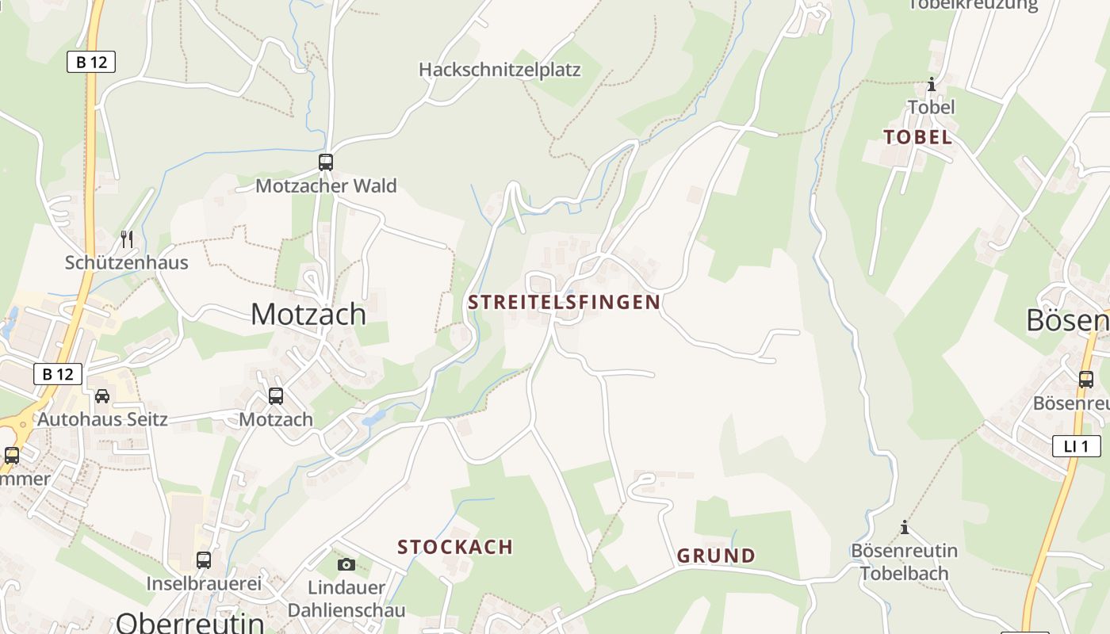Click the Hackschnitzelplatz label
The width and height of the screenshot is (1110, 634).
coord(499,70)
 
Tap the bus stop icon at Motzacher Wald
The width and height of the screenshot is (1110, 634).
coord(325,162)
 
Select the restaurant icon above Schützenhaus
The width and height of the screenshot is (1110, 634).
coord(126,239)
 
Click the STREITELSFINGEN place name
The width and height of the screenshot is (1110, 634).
coord(564,302)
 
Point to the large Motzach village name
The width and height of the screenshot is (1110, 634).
coord(308,315)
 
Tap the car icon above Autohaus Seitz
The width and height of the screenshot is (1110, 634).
coord(102,395)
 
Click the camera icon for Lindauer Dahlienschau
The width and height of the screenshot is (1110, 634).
coord(346,564)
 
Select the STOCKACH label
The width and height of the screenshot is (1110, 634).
coord(455,547)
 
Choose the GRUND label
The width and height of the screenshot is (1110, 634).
coord(716,556)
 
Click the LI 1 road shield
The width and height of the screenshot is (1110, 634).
coord(1076,446)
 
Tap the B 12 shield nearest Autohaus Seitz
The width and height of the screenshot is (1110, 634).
coord(58,374)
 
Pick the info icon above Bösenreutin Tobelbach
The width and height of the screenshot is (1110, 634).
coord(904,527)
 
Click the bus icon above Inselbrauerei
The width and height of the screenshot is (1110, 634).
coord(204,560)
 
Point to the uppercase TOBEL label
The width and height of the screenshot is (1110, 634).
coord(917,137)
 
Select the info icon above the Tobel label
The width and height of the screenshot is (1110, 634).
coord(931,84)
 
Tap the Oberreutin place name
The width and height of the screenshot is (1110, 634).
coord(190,622)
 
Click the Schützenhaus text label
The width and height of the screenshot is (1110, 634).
coord(127,262)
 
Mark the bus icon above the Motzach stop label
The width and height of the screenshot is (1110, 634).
coord(276,395)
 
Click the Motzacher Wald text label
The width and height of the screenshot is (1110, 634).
coord(326,186)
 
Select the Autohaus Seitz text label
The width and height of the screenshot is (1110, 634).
coord(103,418)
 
